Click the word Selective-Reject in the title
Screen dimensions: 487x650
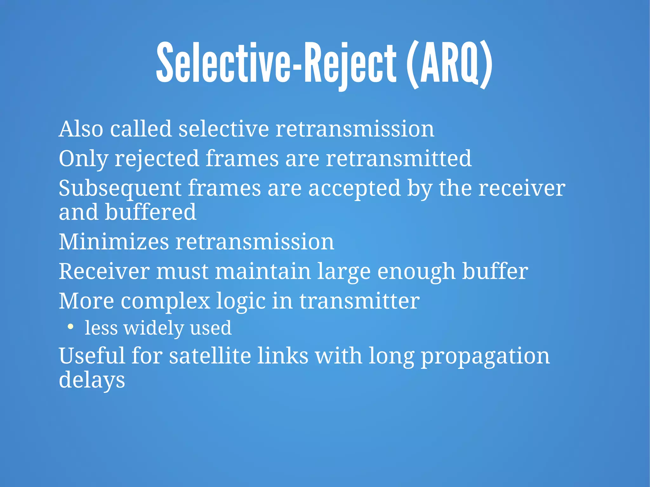click(276, 63)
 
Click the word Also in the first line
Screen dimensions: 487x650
click(81, 129)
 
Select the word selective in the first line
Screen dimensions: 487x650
click(223, 129)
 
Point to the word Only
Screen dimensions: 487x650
click(83, 159)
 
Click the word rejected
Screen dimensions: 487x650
click(157, 159)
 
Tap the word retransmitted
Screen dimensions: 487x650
click(399, 159)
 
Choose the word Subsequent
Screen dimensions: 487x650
click(120, 188)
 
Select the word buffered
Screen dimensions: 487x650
click(150, 212)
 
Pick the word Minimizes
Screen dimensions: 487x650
click(114, 242)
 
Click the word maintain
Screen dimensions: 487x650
click(263, 272)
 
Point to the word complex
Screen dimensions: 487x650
click(165, 301)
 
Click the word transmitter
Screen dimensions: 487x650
click(360, 301)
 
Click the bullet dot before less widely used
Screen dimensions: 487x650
click(70, 326)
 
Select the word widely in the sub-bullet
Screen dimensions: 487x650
click(154, 328)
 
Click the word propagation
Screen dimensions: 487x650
click(485, 356)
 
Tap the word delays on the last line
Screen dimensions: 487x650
click(92, 380)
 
